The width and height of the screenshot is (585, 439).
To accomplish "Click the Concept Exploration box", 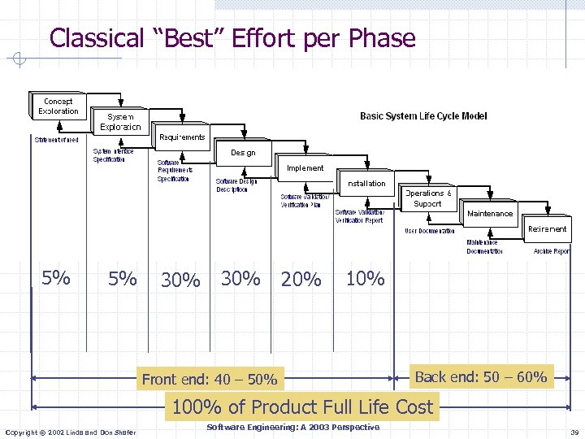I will click(58, 106).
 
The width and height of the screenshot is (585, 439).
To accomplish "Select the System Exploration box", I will click(120, 122).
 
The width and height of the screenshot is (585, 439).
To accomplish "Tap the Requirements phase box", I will click(182, 137).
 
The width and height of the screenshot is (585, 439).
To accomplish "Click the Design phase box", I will click(242, 153).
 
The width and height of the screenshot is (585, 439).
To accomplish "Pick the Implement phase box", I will click(305, 168).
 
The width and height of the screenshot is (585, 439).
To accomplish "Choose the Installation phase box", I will click(366, 184).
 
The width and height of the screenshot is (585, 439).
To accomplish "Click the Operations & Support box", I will click(430, 198).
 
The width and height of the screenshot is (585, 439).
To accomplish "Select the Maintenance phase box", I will click(490, 214).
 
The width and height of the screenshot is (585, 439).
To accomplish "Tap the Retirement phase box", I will click(547, 229).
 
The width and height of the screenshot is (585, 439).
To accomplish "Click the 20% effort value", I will click(301, 280).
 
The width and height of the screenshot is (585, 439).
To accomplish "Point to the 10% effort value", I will click(365, 279).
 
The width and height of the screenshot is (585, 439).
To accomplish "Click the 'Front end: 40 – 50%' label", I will click(209, 379).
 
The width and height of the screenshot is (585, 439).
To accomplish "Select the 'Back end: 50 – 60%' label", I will click(480, 376).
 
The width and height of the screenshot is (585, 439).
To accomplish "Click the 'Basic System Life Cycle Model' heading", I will click(423, 116).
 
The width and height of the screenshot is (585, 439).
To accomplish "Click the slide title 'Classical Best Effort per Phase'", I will click(232, 38).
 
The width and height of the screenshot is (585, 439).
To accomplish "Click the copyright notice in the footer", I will click(70, 431).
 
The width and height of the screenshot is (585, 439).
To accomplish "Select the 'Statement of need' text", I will click(56, 140).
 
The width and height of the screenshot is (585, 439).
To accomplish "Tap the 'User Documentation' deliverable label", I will click(430, 231).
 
